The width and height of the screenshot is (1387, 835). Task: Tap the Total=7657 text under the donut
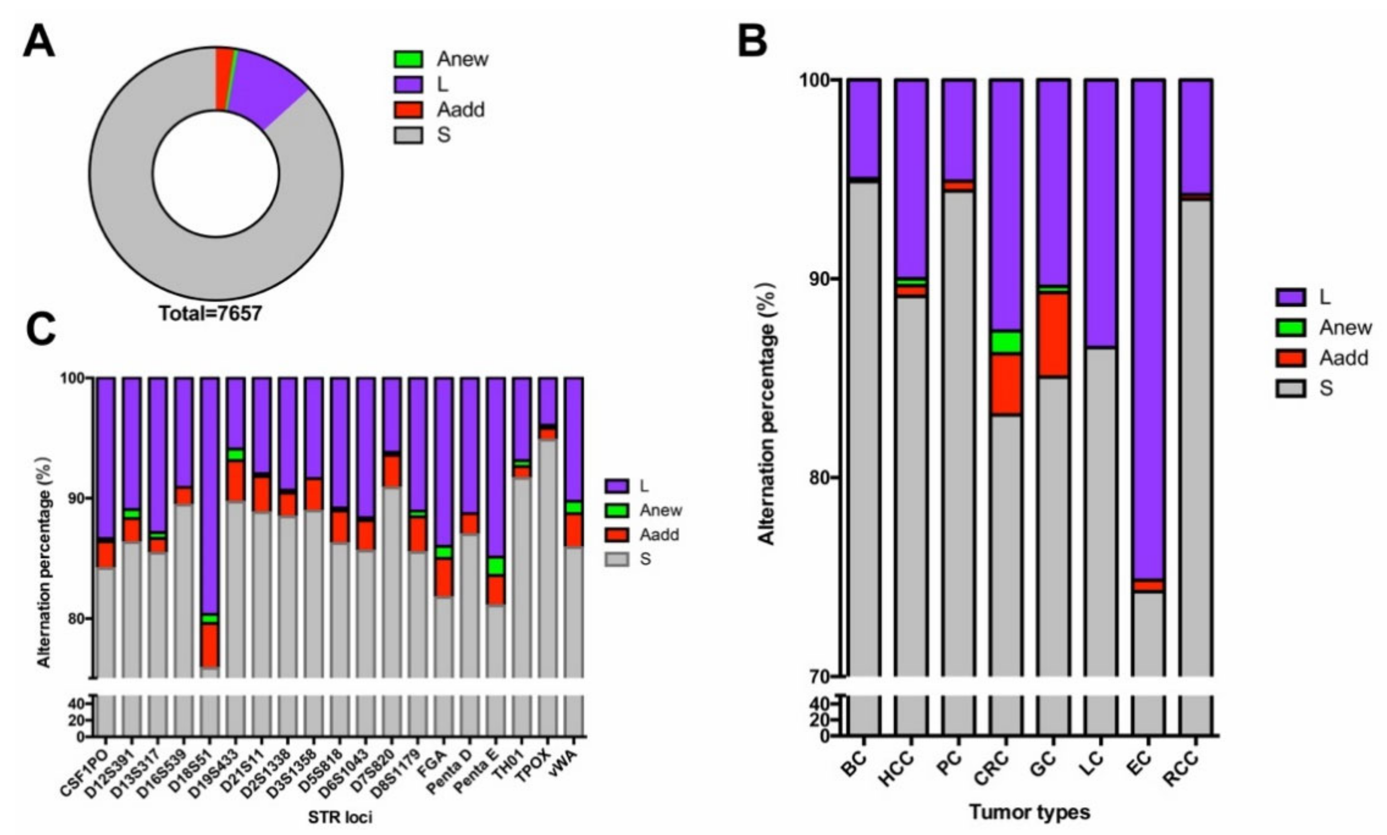coord(211,313)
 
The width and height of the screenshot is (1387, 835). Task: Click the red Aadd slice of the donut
coord(223,79)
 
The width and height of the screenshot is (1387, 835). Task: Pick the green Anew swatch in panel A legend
coord(408,59)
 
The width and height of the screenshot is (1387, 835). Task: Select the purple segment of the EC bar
coord(1149,326)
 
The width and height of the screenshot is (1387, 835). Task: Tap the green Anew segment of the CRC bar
coord(1006,341)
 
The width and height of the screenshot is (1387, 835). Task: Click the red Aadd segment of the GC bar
coord(1053,335)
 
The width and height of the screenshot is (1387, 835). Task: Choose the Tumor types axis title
coord(1029,812)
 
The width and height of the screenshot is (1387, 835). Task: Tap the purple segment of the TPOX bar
coord(548,400)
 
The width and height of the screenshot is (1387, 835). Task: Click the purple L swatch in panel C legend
coord(617,486)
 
